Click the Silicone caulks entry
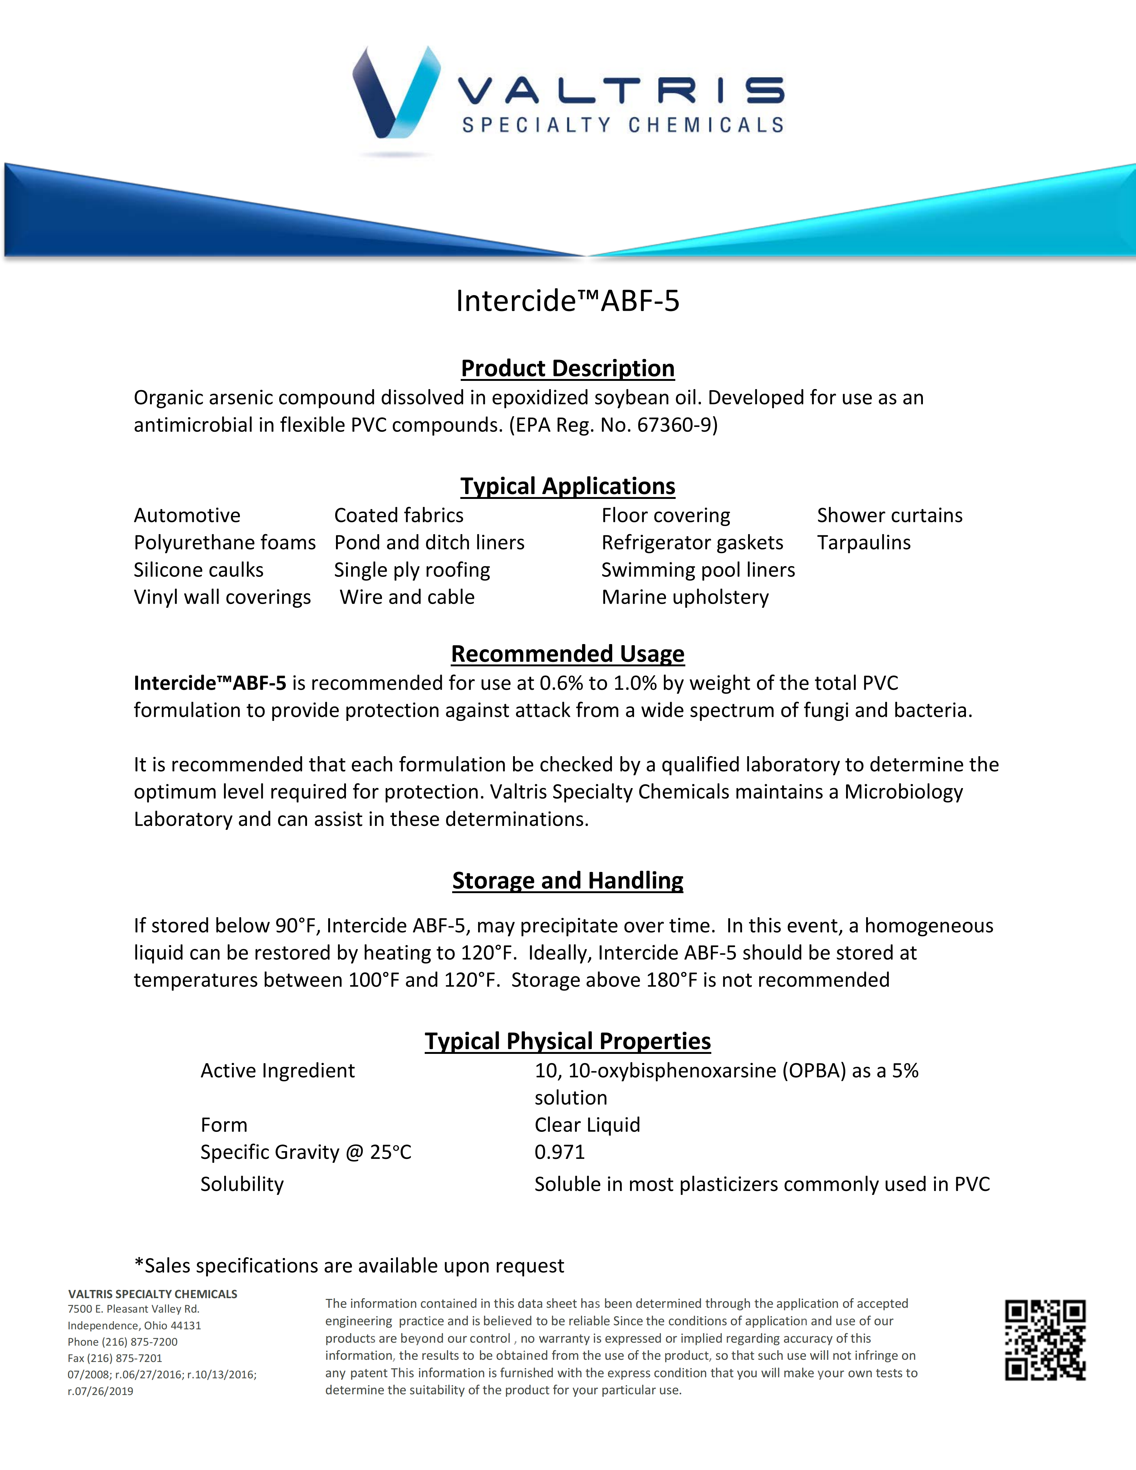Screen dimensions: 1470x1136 [199, 570]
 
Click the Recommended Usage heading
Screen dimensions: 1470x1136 [567, 654]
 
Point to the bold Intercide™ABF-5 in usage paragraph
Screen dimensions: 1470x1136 [210, 683]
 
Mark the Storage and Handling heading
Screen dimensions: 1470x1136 [567, 881]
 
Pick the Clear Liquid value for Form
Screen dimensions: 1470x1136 [587, 1125]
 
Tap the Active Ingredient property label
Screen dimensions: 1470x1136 [277, 1071]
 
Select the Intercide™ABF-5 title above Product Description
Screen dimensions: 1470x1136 [567, 301]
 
